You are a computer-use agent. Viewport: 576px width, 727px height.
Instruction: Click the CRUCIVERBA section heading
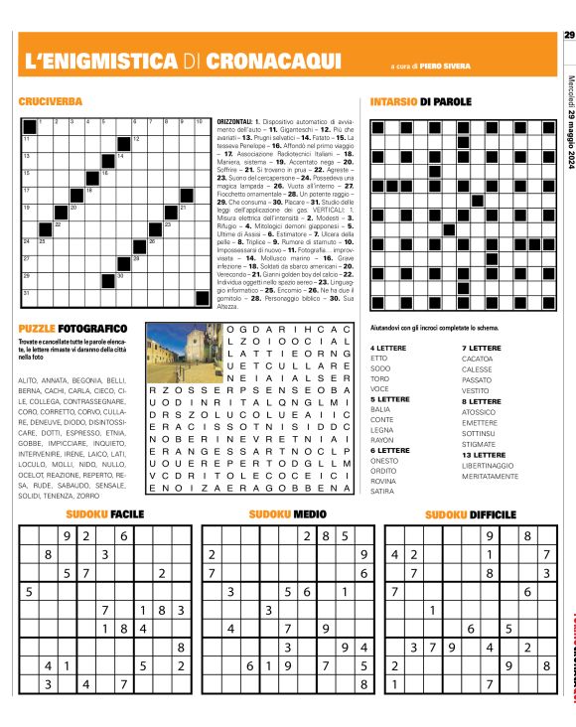(50, 101)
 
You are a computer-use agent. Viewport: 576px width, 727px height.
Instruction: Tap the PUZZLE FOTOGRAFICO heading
(72, 327)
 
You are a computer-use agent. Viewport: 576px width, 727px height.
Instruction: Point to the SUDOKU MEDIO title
(287, 514)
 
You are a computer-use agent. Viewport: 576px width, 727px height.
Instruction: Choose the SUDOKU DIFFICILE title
(470, 514)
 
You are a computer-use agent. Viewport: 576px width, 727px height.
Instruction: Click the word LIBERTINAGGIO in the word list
(493, 465)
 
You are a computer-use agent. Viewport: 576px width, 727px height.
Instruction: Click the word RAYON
(381, 439)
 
